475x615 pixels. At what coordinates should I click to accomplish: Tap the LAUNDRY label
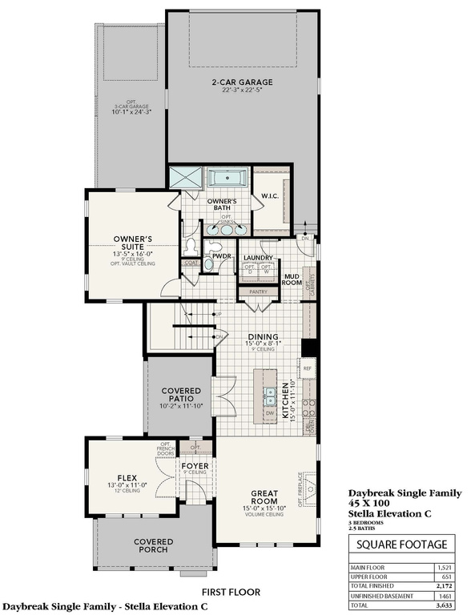click(259, 258)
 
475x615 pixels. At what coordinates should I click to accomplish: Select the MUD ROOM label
click(291, 279)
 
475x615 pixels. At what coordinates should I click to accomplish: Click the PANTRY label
click(258, 292)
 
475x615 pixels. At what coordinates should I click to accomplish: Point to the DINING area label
click(263, 336)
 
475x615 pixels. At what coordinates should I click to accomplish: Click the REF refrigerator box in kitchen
click(307, 370)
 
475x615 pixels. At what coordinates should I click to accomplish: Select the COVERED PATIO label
click(181, 394)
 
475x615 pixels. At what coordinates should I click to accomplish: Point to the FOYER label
click(195, 465)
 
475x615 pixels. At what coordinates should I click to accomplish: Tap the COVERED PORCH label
click(153, 547)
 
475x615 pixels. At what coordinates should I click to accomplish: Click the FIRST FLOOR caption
click(236, 593)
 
